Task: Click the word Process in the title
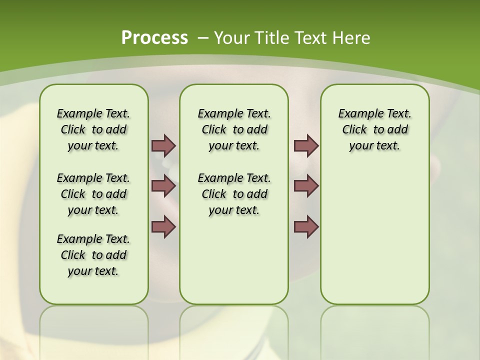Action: pyautogui.click(x=154, y=37)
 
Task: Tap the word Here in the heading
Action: pyautogui.click(x=352, y=38)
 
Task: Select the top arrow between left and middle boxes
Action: pyautogui.click(x=163, y=145)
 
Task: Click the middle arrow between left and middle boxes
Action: pyautogui.click(x=163, y=186)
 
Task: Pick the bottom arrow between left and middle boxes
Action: pyautogui.click(x=163, y=226)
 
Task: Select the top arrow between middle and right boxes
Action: pyautogui.click(x=306, y=145)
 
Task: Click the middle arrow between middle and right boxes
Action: pyautogui.click(x=306, y=186)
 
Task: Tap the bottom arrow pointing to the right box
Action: pyautogui.click(x=306, y=226)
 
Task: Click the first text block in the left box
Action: pyautogui.click(x=93, y=129)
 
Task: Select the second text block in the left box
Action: pyautogui.click(x=93, y=194)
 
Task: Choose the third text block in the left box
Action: pyautogui.click(x=93, y=255)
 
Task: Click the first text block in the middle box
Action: pyautogui.click(x=234, y=129)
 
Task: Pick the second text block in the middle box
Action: pyautogui.click(x=234, y=194)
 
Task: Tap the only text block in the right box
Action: pyautogui.click(x=374, y=129)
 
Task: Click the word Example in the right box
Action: pyautogui.click(x=356, y=113)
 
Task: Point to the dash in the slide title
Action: pyautogui.click(x=203, y=38)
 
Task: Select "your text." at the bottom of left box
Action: pyautogui.click(x=93, y=271)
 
